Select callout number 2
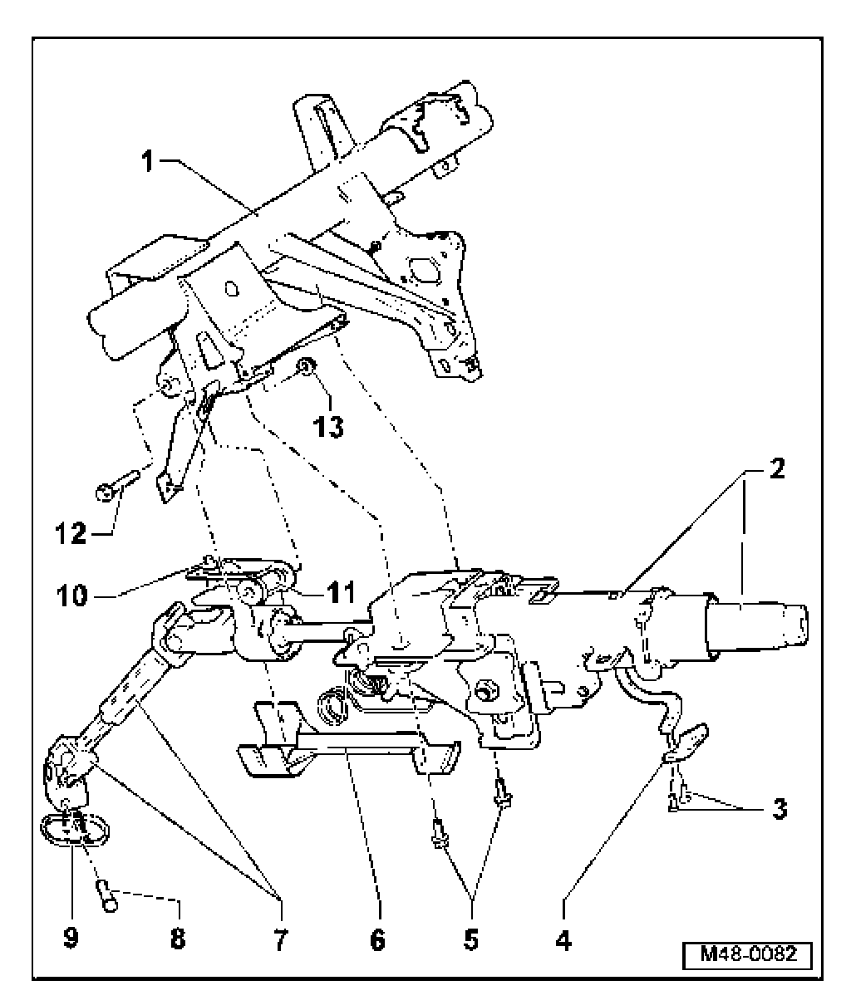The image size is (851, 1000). pos(775,468)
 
